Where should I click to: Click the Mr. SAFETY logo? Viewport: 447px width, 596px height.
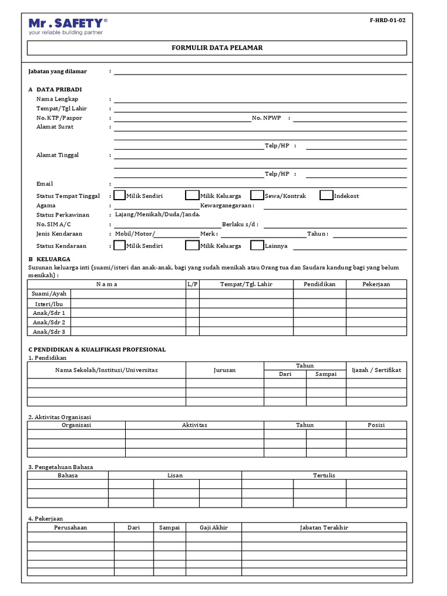68,26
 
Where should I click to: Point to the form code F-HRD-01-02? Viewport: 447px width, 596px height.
387,20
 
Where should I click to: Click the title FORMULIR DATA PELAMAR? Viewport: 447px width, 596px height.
217,48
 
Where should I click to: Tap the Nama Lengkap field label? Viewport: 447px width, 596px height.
57,99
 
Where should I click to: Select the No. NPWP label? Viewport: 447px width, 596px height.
267,118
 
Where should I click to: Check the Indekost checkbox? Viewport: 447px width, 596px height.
327,196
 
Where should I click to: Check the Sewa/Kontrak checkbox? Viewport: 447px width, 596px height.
257,196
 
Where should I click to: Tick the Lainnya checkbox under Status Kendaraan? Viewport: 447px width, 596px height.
257,246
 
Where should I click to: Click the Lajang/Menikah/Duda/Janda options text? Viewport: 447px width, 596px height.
158,215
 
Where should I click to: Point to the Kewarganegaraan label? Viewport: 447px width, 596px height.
227,205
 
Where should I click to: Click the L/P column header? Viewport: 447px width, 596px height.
193,284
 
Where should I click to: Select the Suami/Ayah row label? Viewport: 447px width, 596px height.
49,294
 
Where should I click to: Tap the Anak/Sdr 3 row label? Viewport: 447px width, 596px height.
49,332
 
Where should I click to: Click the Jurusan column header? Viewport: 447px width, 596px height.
225,370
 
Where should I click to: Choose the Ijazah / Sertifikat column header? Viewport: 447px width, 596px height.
376,370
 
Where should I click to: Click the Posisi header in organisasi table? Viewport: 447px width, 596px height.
376,425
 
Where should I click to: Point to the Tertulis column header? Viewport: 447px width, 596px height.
324,476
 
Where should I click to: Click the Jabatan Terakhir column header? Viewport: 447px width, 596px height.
324,527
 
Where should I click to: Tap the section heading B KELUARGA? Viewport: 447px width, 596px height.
49,258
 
